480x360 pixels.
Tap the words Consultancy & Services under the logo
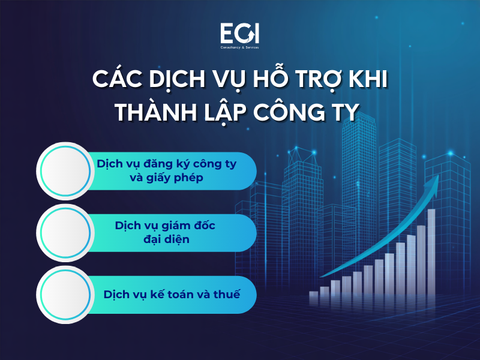239,46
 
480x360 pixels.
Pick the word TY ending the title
345,111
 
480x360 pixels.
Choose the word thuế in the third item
227,295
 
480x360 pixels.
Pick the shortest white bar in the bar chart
313,298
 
